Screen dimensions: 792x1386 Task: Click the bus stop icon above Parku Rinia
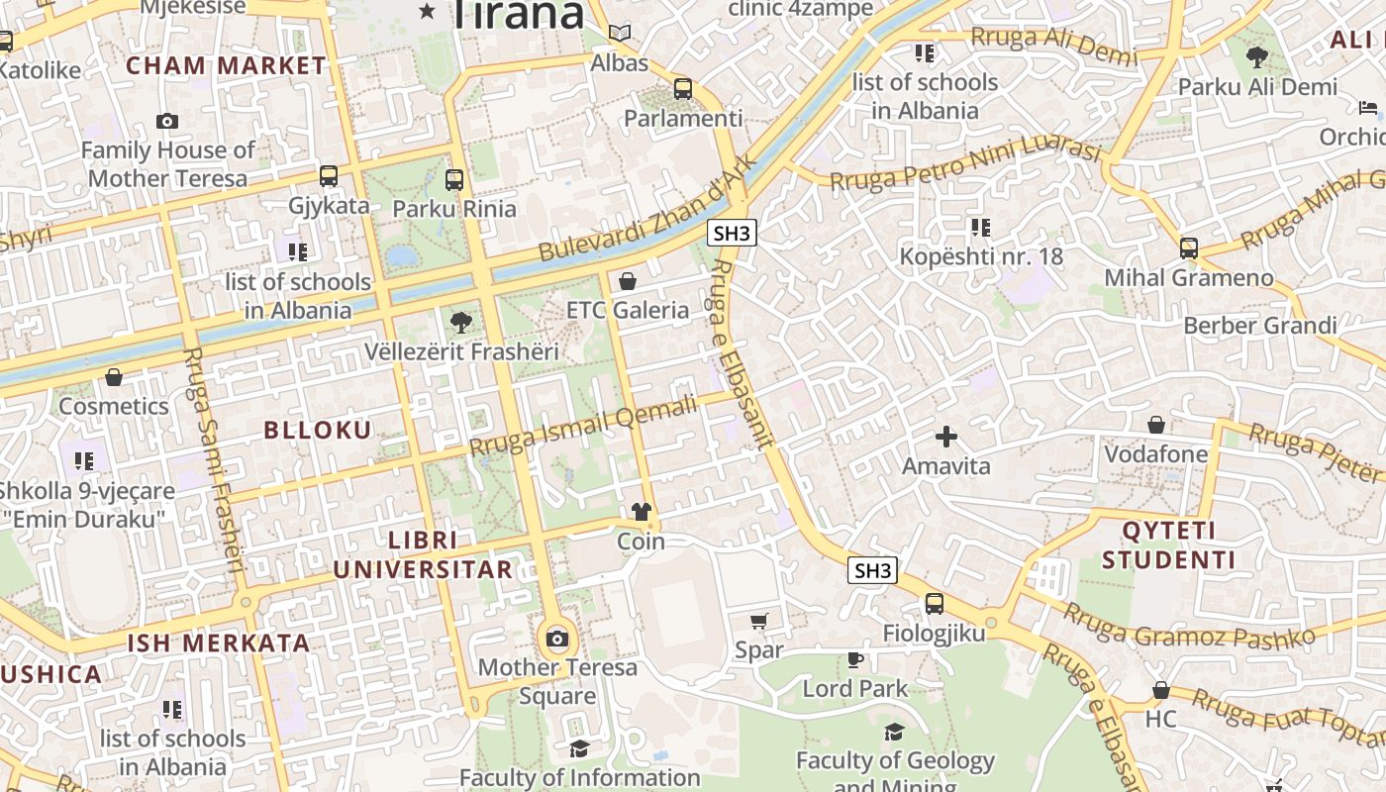[x=454, y=180]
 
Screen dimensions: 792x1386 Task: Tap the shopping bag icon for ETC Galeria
[x=627, y=282]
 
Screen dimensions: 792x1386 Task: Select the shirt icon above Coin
[x=642, y=512]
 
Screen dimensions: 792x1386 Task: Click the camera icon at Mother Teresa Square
[x=557, y=639]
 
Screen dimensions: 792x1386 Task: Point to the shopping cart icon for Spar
[x=759, y=622]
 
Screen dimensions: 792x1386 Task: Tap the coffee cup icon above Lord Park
[x=855, y=659]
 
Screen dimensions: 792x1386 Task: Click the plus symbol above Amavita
[x=946, y=437]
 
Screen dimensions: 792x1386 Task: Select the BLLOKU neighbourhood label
[x=318, y=430]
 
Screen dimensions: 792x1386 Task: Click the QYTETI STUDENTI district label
[x=1168, y=545]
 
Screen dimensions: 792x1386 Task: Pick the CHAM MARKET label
[x=227, y=66]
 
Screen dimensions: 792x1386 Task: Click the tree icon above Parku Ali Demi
[x=1257, y=57]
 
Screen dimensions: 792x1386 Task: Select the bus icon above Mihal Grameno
[x=1189, y=248]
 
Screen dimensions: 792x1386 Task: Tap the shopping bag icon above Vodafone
[x=1155, y=426]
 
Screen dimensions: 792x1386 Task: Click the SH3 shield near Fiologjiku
[x=872, y=570]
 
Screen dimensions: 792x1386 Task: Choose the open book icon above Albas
[x=620, y=34]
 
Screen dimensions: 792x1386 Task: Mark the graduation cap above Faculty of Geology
[x=894, y=733]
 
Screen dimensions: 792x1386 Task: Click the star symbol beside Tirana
[x=428, y=11]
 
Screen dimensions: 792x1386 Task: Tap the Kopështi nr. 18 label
[x=981, y=256]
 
